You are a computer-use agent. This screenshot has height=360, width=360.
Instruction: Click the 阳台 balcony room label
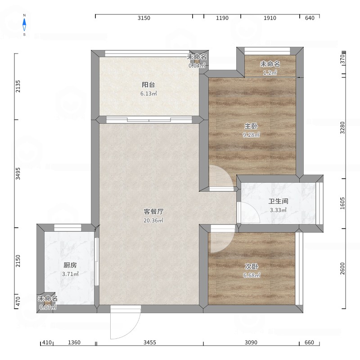(x=148, y=85)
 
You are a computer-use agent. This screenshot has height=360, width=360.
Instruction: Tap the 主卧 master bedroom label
(x=251, y=126)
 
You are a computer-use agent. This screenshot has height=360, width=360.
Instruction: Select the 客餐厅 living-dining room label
(x=153, y=211)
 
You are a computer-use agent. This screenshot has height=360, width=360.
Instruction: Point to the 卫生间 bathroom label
(x=278, y=201)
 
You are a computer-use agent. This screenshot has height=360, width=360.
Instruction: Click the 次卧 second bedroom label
(x=252, y=266)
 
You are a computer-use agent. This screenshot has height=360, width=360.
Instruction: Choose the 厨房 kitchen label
(x=70, y=265)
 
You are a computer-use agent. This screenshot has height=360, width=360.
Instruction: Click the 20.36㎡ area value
(x=153, y=220)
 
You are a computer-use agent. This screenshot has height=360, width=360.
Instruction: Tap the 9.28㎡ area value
(x=251, y=135)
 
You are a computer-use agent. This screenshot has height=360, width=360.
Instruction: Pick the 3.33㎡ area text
(x=278, y=210)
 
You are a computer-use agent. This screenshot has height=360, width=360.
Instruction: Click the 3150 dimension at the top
(x=144, y=18)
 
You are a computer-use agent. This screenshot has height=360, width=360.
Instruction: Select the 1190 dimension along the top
(x=222, y=18)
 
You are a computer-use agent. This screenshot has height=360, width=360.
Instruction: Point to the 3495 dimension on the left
(x=18, y=174)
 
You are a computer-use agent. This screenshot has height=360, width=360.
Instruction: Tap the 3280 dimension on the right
(x=342, y=128)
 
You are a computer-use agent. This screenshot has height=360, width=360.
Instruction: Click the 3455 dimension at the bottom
(x=150, y=342)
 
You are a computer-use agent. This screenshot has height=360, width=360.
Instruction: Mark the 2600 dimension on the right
(x=342, y=268)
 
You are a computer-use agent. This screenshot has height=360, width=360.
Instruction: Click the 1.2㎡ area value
(x=270, y=73)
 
